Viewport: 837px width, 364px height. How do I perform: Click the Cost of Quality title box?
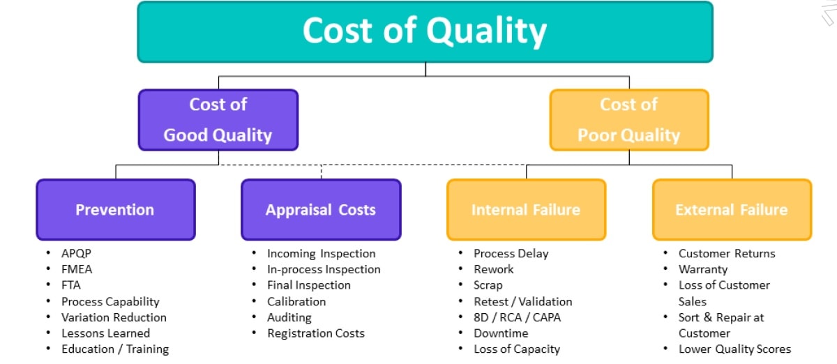425,32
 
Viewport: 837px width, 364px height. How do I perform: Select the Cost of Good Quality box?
218,120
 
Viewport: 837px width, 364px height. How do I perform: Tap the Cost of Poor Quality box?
628,120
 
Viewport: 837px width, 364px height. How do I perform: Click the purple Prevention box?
115,210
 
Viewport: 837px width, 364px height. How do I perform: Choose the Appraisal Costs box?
320,210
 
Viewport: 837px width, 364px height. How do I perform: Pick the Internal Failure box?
526,210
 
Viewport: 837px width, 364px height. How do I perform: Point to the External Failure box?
731,210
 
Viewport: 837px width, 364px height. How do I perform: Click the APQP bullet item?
77,254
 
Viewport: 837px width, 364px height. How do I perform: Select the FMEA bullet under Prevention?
77,269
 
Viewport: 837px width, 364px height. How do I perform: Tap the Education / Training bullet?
115,349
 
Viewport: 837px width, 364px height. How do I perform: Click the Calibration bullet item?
296,302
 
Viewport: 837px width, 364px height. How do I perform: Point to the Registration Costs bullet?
315,333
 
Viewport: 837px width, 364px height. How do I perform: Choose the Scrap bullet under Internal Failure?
488,285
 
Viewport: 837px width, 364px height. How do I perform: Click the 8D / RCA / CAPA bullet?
517,317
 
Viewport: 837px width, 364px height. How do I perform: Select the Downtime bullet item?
501,333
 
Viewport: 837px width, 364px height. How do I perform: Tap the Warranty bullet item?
703,269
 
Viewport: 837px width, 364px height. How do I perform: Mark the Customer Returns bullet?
727,254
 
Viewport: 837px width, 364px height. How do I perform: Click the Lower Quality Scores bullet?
734,349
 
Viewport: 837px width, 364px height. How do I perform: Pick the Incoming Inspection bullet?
321,254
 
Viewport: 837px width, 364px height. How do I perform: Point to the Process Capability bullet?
110,302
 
